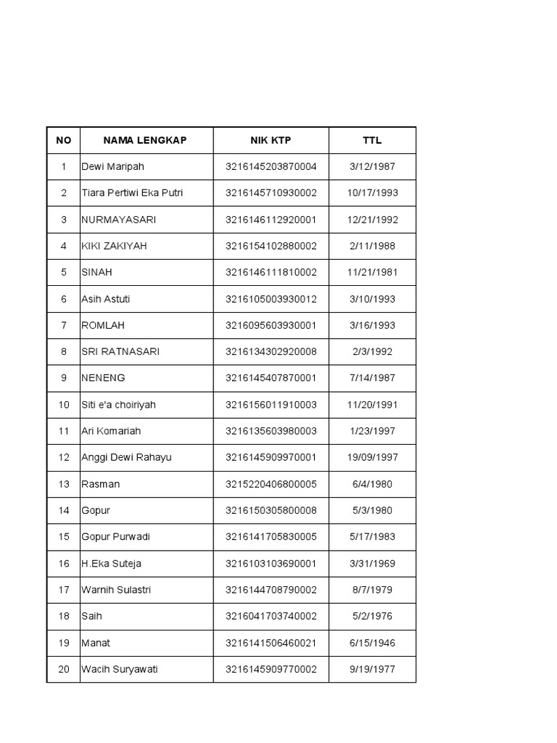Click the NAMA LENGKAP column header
pos(144,140)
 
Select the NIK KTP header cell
pos(271,140)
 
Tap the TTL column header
pos(372,140)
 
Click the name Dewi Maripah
pos(112,167)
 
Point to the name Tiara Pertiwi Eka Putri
pos(132,193)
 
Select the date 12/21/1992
pos(372,220)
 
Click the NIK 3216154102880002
pos(271,246)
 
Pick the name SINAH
pos(96,272)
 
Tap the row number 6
pos(64,299)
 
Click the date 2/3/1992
pos(372,352)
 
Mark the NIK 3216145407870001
pos(271,378)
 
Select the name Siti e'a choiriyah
pos(118,405)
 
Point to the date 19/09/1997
pos(372,458)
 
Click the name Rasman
pos(100,484)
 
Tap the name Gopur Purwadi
pos(116,537)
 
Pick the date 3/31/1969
pos(372,564)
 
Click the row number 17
pos(64,590)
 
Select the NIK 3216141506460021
pos(271,643)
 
